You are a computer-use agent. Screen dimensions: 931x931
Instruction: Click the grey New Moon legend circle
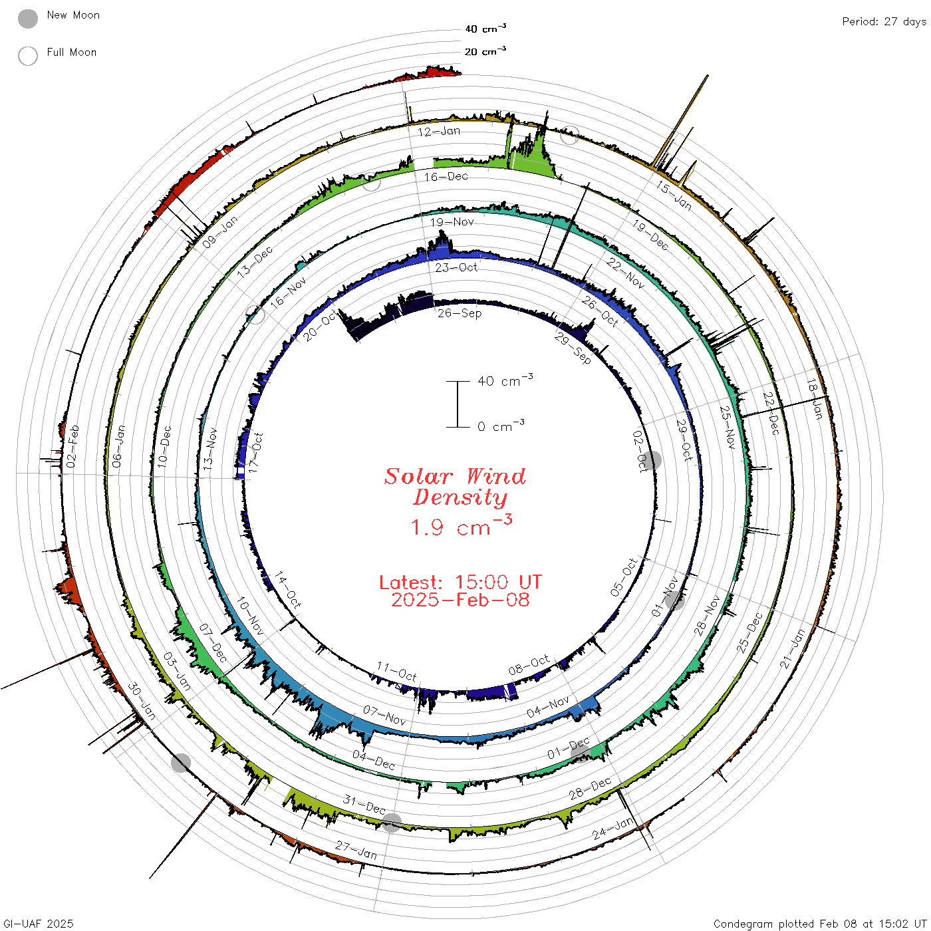point(27,19)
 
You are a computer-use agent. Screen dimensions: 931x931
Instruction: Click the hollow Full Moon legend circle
point(27,56)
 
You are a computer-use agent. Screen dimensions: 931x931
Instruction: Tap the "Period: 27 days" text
point(884,22)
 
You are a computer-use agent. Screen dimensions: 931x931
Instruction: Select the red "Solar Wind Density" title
point(455,487)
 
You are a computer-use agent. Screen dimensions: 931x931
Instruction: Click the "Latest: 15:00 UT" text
point(460,582)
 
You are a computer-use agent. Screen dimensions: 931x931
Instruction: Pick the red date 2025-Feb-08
point(460,600)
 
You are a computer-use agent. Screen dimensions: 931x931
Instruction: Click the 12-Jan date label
point(439,131)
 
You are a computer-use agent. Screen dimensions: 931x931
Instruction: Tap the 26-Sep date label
point(460,313)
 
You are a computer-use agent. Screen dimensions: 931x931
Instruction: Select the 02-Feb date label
point(72,446)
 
